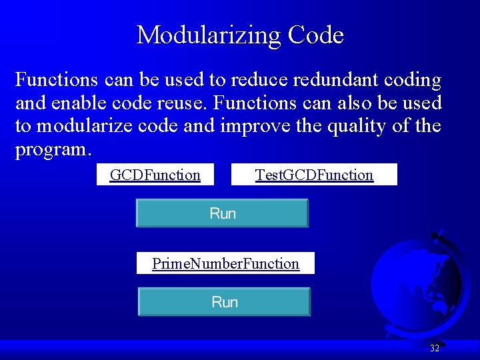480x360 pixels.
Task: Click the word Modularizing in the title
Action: coord(203,35)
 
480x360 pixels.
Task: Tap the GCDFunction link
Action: coord(155,175)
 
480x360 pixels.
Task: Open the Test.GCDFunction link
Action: coord(314,175)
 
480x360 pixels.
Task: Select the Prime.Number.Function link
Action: coord(225,263)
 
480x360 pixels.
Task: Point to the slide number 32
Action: coord(435,348)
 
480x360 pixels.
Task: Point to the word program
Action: coord(51,149)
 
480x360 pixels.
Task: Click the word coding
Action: coord(412,81)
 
